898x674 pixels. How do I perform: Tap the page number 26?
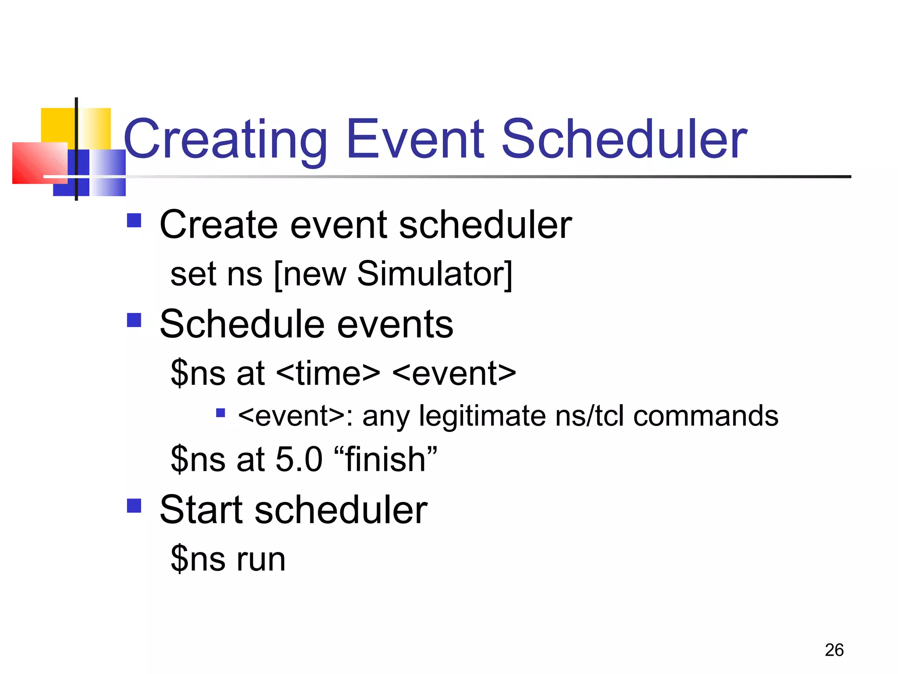pos(834,650)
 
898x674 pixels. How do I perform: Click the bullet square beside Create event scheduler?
pos(134,220)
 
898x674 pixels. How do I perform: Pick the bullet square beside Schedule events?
pos(134,320)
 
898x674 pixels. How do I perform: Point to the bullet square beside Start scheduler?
pos(134,505)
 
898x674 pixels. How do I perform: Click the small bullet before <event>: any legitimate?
pos(221,412)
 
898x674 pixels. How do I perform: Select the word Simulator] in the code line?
pos(435,274)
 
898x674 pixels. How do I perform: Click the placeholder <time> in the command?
pos(328,373)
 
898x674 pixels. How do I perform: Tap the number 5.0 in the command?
pos(299,459)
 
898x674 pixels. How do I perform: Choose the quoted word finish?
pos(385,459)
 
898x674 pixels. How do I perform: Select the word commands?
pos(706,416)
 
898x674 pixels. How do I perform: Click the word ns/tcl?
pos(589,416)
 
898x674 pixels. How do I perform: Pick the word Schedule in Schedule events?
pos(241,324)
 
